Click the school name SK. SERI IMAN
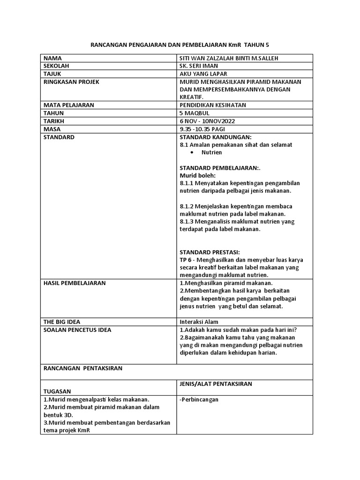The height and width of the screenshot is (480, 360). (199, 66)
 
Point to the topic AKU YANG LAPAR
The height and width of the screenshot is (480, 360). (201, 74)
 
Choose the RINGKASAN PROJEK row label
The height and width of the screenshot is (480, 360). (71, 82)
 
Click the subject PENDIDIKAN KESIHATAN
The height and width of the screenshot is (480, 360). (213, 105)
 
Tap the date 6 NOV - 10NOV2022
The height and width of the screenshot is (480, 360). (207, 121)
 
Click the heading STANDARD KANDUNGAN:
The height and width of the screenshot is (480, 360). (216, 137)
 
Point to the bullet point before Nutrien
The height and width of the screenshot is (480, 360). (193, 153)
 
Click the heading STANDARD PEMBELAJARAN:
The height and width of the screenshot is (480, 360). (220, 167)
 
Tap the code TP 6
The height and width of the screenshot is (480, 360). (187, 259)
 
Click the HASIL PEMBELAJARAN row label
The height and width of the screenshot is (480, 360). (74, 283)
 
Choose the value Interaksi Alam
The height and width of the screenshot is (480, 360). (199, 322)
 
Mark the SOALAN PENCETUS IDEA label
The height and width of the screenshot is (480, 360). (77, 330)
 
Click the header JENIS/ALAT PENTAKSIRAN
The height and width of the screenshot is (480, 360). (216, 384)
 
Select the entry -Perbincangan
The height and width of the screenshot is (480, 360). (199, 399)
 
